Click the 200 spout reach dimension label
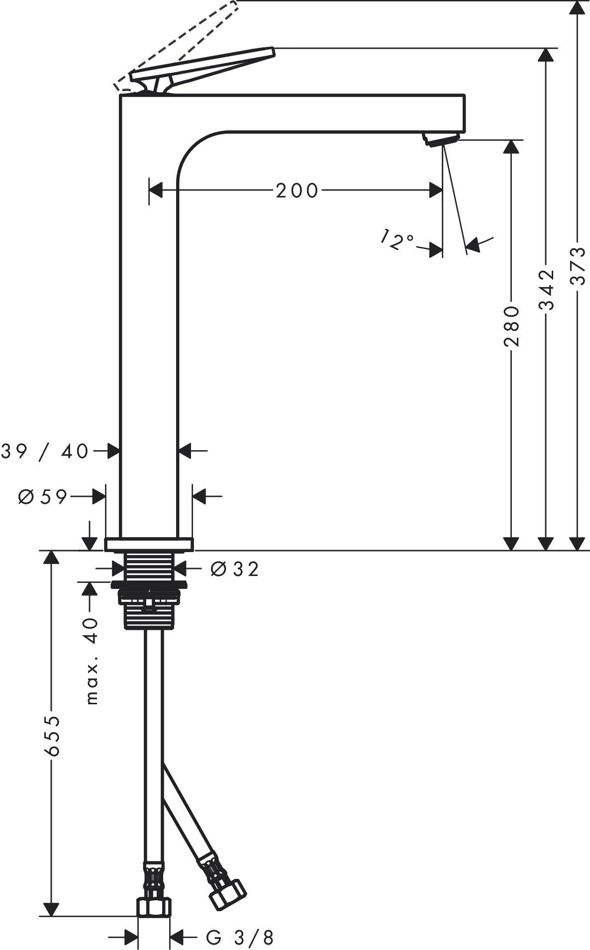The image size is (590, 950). [297, 190]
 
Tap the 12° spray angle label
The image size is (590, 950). [397, 240]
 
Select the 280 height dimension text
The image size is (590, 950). [511, 327]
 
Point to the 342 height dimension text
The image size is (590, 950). [547, 290]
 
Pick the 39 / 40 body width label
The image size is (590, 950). [45, 451]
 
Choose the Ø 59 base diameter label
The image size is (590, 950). [42, 496]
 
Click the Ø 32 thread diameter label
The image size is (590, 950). [235, 569]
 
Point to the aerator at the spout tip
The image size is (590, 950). [440, 139]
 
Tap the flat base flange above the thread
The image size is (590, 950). [149, 544]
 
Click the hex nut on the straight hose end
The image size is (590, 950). [154, 906]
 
